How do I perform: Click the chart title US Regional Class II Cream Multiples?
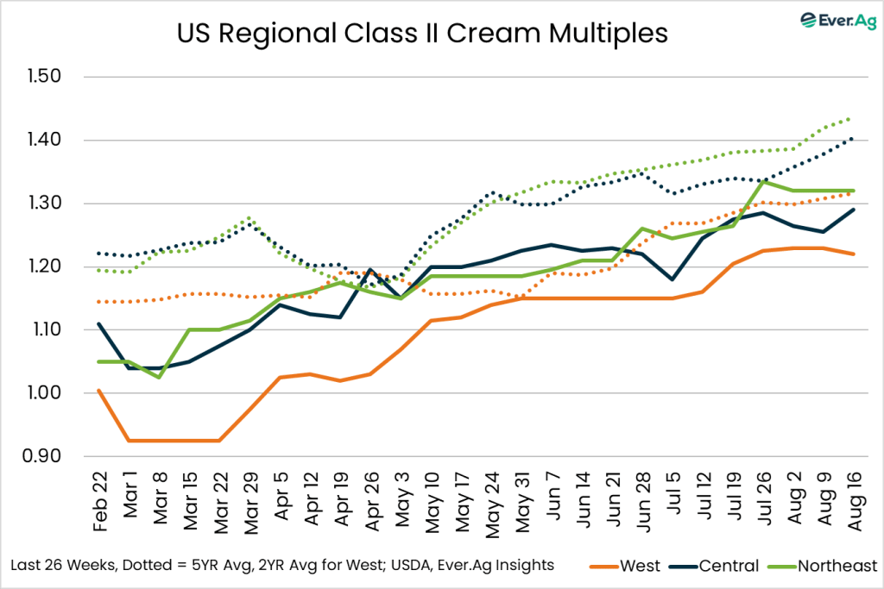[422, 34]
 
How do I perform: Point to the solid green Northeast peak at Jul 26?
[762, 181]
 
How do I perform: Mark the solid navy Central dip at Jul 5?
[672, 279]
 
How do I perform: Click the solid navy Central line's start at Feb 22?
[99, 323]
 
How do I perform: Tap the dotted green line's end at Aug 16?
[853, 117]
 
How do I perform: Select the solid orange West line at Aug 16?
[853, 254]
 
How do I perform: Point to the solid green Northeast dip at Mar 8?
[160, 377]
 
